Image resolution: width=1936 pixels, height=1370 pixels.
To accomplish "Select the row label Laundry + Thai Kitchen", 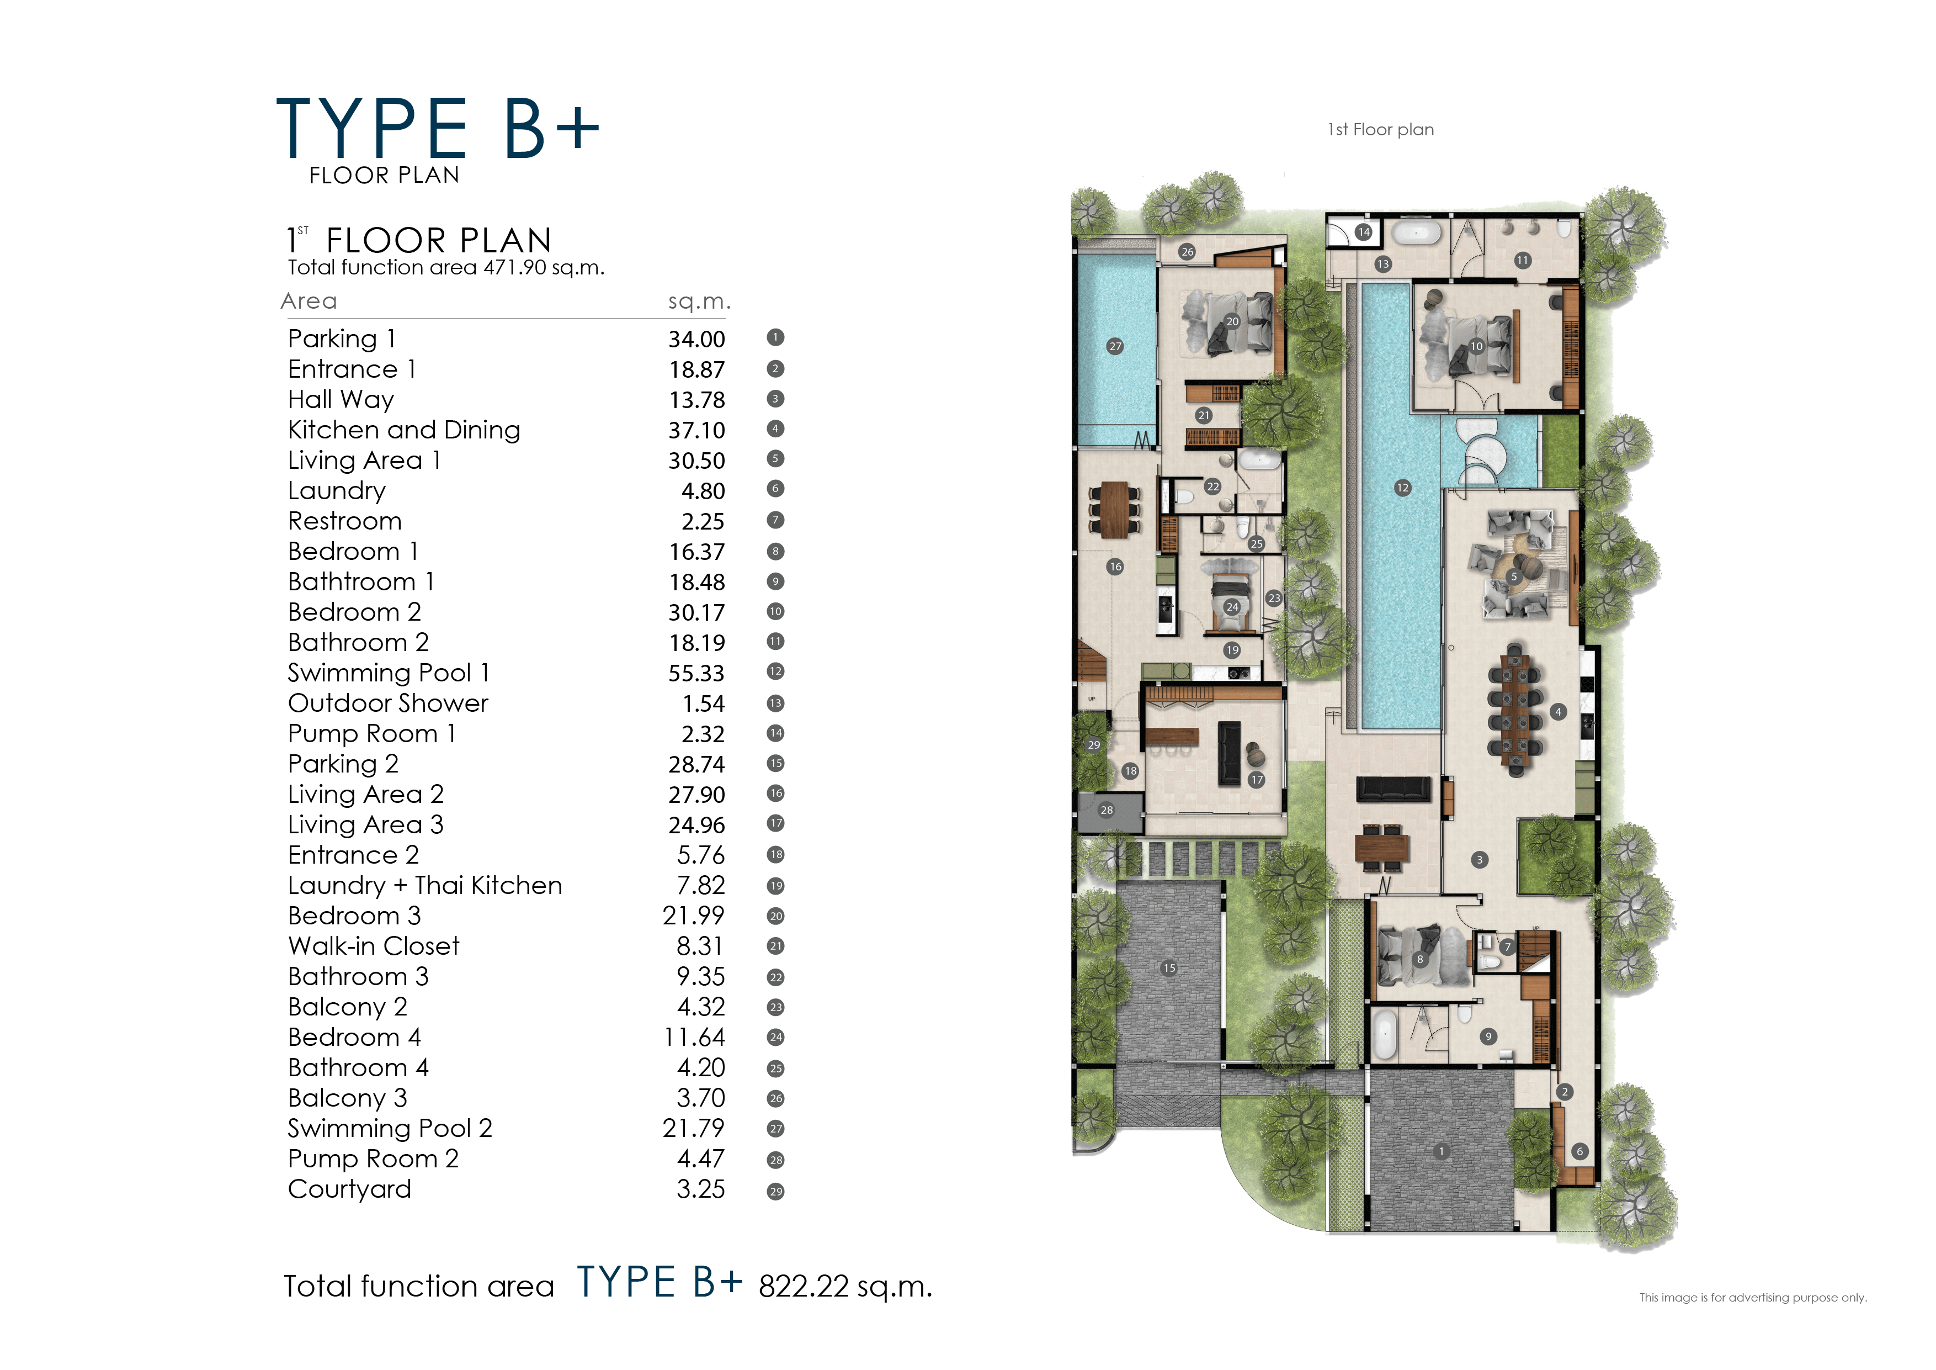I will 424,886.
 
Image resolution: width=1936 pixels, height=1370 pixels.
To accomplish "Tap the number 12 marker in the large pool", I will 1402,488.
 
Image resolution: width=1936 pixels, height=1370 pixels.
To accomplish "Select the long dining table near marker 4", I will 1516,710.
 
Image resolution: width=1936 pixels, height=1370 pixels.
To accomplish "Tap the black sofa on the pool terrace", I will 1393,789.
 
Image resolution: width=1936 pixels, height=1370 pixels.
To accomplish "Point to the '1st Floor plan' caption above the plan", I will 1380,130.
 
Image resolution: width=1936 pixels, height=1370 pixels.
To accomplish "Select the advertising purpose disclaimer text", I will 1752,1298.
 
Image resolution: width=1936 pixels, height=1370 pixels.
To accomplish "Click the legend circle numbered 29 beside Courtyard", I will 775,1191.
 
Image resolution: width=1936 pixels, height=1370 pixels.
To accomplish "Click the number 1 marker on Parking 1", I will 1441,1151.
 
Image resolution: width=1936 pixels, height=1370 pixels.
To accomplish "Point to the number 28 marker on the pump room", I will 1107,810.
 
